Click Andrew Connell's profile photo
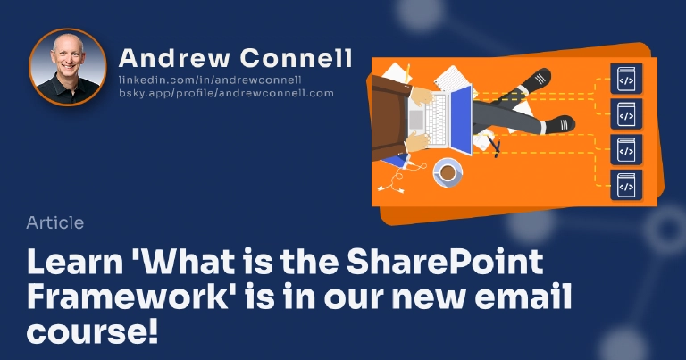(68, 67)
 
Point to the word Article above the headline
(55, 222)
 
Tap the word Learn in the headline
(76, 263)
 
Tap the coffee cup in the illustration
(448, 171)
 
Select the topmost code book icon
(626, 80)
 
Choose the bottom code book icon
(626, 185)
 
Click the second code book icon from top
(626, 114)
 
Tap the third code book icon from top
(626, 150)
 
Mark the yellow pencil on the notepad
(407, 72)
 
